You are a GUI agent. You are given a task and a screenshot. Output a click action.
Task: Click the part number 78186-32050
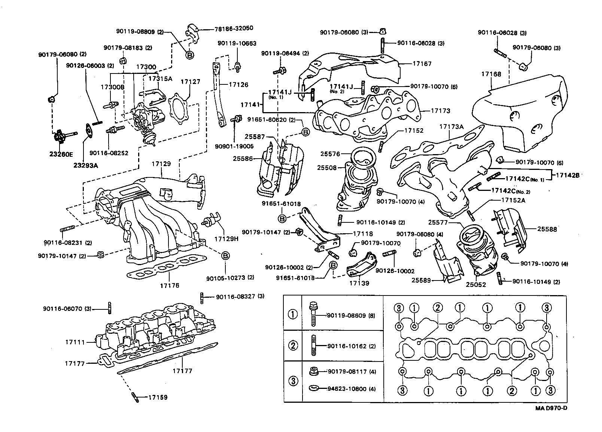(228, 28)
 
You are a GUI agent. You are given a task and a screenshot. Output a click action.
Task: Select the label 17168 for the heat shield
(491, 74)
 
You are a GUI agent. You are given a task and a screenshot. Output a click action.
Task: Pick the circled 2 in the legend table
(293, 346)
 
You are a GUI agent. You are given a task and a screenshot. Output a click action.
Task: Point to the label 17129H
(226, 238)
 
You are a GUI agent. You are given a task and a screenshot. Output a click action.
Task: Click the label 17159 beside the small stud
(158, 397)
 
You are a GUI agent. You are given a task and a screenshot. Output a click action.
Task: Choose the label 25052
(476, 285)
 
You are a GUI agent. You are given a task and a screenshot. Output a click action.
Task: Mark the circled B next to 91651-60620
(305, 132)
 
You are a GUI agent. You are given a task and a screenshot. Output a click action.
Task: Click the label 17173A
(451, 127)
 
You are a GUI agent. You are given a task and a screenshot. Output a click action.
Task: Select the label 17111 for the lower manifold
(75, 342)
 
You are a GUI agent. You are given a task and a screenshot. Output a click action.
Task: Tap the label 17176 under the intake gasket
(170, 285)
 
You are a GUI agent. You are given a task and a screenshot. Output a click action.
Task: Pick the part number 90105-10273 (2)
(230, 278)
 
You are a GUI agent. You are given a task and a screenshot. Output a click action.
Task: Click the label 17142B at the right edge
(567, 175)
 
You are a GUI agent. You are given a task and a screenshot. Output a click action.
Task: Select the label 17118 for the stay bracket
(363, 234)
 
